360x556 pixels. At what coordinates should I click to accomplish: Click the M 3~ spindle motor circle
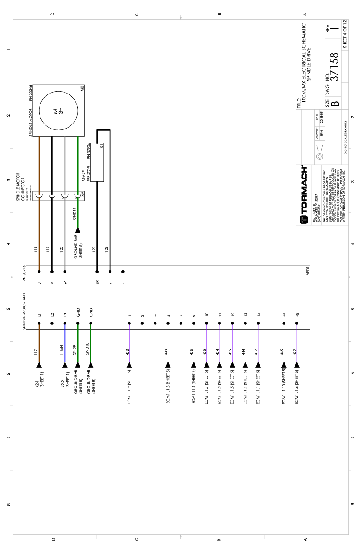[59, 110]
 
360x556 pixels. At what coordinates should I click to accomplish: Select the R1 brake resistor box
[97, 156]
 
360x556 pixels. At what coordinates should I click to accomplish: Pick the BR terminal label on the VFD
[97, 283]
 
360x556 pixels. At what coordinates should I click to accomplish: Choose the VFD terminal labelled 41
[284, 314]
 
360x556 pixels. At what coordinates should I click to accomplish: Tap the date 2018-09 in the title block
[321, 119]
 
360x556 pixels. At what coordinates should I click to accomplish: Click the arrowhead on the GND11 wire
[78, 231]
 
